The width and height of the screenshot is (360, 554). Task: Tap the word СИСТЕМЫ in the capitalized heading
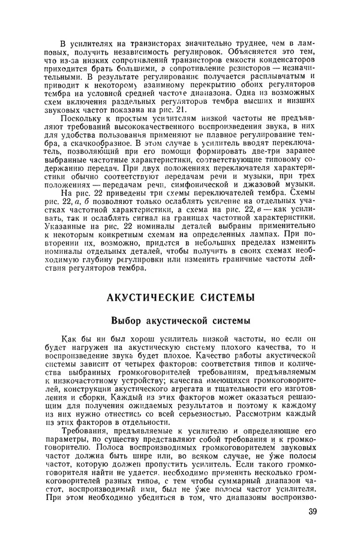coord(223,297)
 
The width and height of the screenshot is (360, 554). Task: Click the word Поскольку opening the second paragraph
coord(83,120)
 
